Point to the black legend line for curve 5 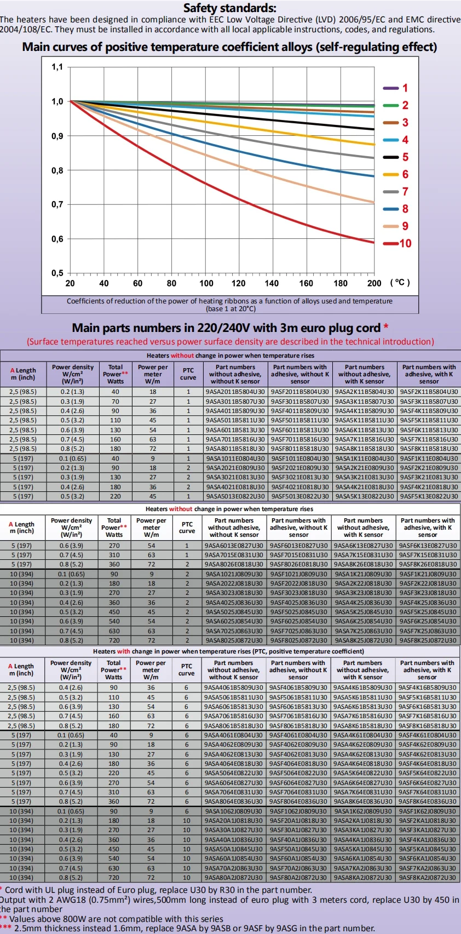click(x=390, y=157)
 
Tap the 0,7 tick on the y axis click(x=57, y=204)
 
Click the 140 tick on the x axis click(x=272, y=283)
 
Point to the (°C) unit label click(x=400, y=282)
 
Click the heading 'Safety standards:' click(x=229, y=8)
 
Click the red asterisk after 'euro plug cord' click(x=386, y=327)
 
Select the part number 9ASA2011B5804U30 click(x=235, y=392)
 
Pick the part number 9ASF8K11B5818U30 click(x=429, y=449)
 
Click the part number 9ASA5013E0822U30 click(x=235, y=496)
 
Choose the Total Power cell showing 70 click(x=115, y=402)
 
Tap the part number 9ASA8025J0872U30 click(x=234, y=640)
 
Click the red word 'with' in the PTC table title click(x=123, y=651)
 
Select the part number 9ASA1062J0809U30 click(x=234, y=811)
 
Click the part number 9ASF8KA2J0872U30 click(x=427, y=878)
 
